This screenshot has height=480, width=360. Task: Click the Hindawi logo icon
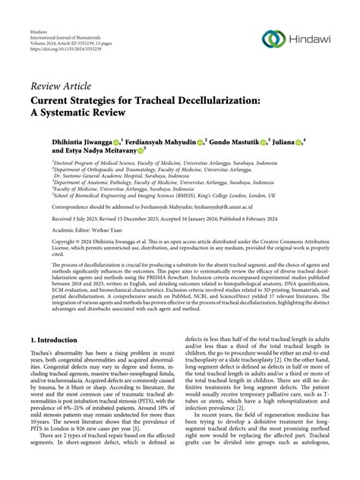pos(272,38)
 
